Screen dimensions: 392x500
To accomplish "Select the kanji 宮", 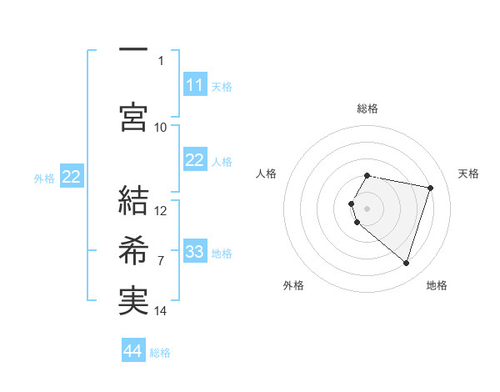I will pyautogui.click(x=132, y=117).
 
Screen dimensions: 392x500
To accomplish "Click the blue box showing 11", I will pyautogui.click(x=194, y=85).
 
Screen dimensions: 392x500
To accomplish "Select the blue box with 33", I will pyautogui.click(x=194, y=252).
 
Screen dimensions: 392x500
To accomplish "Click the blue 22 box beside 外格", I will pyautogui.click(x=72, y=177).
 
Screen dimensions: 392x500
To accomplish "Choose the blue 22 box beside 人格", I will pyautogui.click(x=194, y=160).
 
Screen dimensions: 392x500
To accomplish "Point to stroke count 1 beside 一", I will pyautogui.click(x=161, y=60).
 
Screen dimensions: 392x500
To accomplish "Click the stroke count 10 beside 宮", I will pyautogui.click(x=161, y=127).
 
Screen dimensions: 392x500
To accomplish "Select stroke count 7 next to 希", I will pyautogui.click(x=161, y=261).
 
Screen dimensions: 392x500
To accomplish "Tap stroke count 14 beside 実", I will pyautogui.click(x=161, y=311).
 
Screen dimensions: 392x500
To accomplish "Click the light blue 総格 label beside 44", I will pyautogui.click(x=160, y=353).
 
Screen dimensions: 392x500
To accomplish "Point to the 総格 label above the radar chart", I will pyautogui.click(x=367, y=108).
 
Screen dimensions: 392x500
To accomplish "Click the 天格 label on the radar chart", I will pyautogui.click(x=468, y=173).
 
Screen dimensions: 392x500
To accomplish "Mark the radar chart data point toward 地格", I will pyautogui.click(x=406, y=264).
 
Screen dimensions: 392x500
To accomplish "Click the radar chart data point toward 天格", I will pyautogui.click(x=431, y=188).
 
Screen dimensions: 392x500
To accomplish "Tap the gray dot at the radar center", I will pyautogui.click(x=367, y=208).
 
